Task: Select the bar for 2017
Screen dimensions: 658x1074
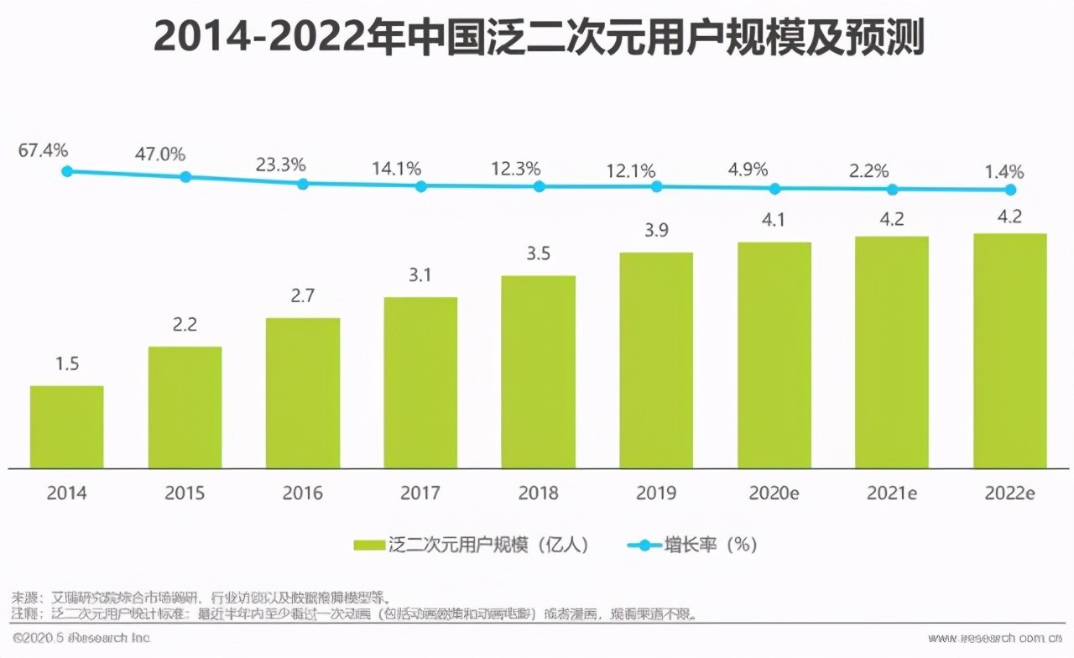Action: point(420,383)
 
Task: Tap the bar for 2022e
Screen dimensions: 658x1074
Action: point(1009,351)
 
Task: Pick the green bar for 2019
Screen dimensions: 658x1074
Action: point(656,360)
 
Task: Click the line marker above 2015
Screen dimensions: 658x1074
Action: point(185,177)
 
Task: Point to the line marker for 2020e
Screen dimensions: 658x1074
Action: point(774,189)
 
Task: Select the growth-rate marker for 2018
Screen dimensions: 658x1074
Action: point(539,186)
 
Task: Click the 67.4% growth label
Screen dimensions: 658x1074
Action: point(44,151)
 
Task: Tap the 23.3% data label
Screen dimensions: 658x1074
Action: point(280,164)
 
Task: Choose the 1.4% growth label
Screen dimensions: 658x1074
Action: point(1004,172)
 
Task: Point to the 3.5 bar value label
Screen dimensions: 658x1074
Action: point(538,254)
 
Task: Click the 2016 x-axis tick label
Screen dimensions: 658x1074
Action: point(302,493)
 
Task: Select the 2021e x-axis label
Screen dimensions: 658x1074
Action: point(892,493)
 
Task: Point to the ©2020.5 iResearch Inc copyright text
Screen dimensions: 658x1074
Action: point(81,638)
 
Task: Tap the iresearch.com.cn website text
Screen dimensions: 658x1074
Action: point(998,638)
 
